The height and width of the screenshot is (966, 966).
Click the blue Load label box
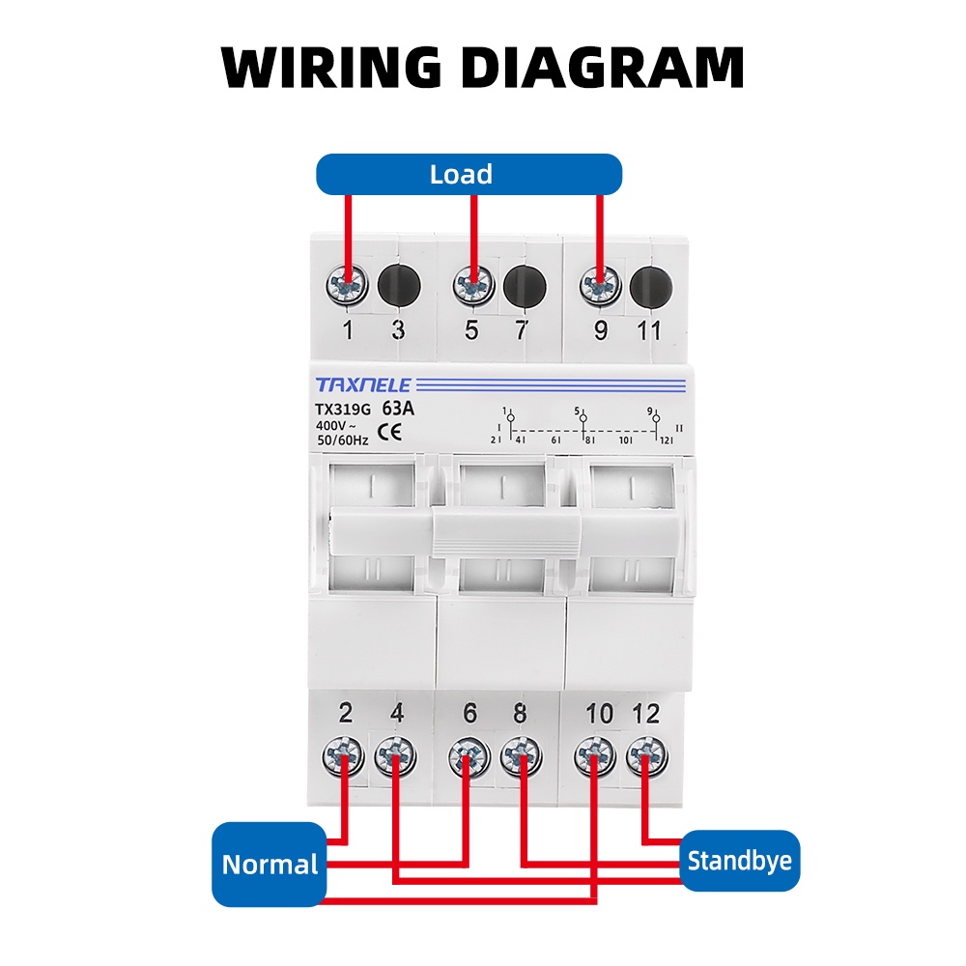469,175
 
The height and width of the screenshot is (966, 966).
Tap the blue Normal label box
270,864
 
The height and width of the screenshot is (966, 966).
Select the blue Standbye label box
740,860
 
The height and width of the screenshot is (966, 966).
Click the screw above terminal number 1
348,286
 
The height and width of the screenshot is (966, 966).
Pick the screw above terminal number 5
473,286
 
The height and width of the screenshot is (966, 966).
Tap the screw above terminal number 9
599,286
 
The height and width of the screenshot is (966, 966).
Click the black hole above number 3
397,286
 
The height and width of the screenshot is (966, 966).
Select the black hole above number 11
650,286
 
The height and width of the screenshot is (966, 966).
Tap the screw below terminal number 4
395,756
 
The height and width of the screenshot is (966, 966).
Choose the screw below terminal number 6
469,756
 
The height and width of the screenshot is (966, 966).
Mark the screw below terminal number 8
522,756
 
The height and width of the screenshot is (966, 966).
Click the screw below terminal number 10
595,756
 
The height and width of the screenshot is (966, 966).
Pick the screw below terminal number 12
645,756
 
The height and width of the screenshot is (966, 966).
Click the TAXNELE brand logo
362,384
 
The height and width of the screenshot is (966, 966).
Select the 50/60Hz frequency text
342,440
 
